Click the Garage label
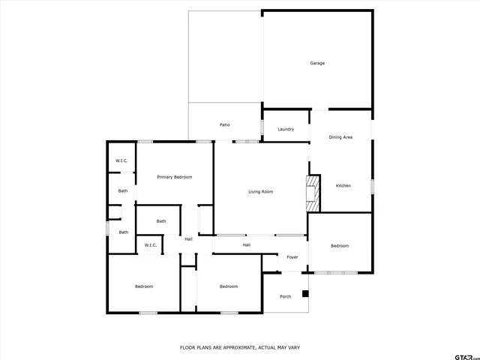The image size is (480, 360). coord(317,63)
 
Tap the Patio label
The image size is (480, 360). coord(224,124)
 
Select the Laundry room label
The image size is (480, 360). coord(285,129)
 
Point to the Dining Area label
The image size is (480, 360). coord(340,137)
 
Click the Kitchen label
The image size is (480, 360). coord(343,185)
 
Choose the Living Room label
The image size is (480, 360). coord(260,191)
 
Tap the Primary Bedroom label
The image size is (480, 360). coord(174,177)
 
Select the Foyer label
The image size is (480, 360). coord(292,257)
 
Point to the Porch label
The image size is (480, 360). coord(285,296)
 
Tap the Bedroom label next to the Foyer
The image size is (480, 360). coord(340,246)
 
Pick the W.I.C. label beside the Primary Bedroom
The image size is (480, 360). coord(121,161)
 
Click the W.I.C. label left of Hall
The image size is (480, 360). coord(149,245)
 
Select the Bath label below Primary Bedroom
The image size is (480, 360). coord(161,221)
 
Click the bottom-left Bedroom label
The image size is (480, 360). coord(144,286)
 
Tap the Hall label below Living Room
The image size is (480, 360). coord(246,244)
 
